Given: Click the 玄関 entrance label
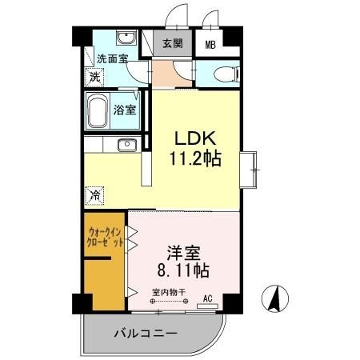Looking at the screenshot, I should click(x=170, y=44).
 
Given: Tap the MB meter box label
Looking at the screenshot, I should click(x=210, y=46).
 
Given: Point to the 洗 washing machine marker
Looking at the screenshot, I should click(x=94, y=78).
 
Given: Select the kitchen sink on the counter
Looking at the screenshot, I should click(x=126, y=145).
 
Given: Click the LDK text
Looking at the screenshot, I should click(x=192, y=137).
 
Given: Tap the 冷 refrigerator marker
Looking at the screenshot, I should click(x=95, y=194).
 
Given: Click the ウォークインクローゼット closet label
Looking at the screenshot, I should click(x=105, y=239).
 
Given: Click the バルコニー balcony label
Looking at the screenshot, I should click(x=144, y=332).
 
